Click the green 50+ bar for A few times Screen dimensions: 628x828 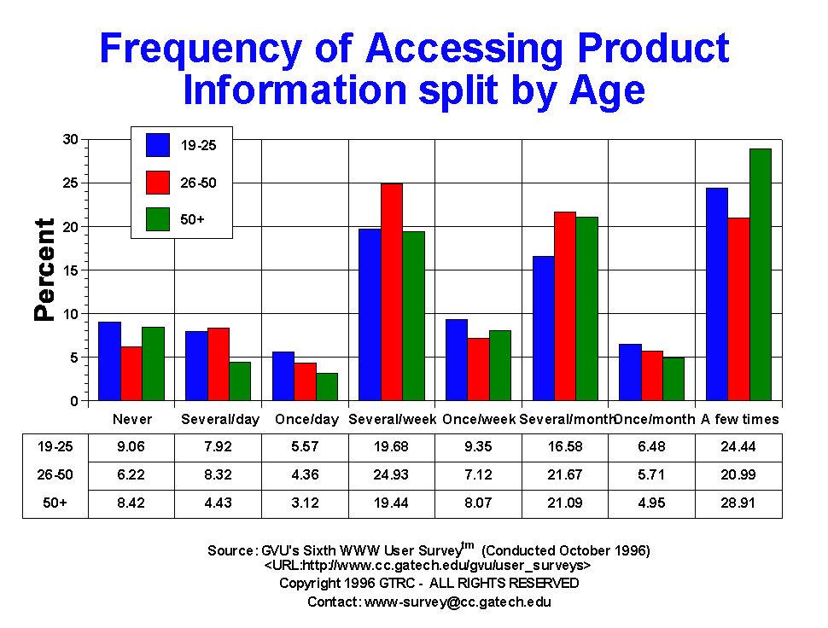click(761, 275)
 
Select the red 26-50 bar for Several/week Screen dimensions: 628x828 click(392, 292)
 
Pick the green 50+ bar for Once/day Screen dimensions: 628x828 click(327, 387)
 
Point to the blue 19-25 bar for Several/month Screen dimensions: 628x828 click(544, 329)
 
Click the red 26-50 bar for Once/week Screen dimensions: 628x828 click(479, 369)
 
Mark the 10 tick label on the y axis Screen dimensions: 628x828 click(71, 314)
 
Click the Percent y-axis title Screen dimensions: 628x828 click(44, 270)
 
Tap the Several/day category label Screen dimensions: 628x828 click(216, 420)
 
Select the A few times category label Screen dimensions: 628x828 click(739, 420)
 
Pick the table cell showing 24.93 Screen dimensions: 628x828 click(392, 474)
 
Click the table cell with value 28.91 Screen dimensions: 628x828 click(738, 503)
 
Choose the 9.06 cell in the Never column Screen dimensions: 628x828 click(131, 445)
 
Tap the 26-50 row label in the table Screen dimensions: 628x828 click(55, 474)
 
